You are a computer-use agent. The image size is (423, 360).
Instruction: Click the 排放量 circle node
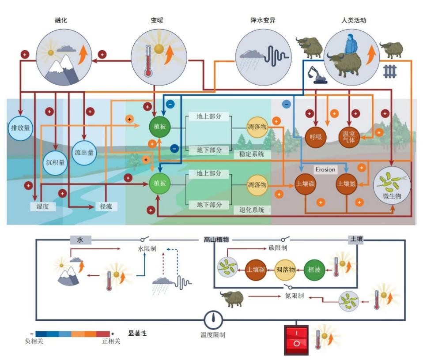20,128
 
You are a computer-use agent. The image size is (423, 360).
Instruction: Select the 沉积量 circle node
56,162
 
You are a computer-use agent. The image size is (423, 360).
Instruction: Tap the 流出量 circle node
84,153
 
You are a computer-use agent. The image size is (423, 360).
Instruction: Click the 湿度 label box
42,206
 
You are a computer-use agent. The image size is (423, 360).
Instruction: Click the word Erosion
325,169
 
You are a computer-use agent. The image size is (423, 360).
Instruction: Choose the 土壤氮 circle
347,184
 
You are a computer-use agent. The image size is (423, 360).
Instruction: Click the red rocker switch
297,339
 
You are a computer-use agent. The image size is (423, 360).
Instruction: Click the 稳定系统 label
252,154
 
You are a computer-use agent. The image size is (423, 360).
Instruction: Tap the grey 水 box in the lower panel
80,240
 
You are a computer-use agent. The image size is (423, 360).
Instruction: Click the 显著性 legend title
137,334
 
